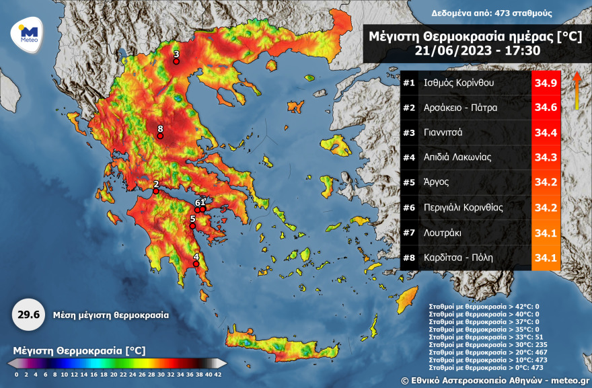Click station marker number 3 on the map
click(x=176, y=61)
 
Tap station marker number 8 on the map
click(x=160, y=136)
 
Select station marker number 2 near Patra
click(x=156, y=191)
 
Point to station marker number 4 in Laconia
click(x=196, y=264)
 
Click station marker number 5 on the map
click(x=192, y=226)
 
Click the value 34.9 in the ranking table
click(x=546, y=83)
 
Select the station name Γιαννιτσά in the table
click(x=443, y=133)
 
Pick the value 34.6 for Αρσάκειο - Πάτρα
click(x=546, y=108)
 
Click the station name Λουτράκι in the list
click(x=442, y=233)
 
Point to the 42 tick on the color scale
click(x=217, y=373)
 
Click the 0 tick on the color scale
click(x=16, y=373)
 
